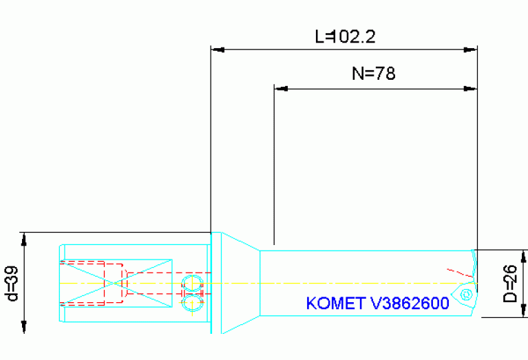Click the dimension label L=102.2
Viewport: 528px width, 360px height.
pyautogui.click(x=345, y=36)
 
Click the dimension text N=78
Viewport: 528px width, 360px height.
pyautogui.click(x=374, y=74)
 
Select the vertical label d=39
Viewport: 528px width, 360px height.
pyautogui.click(x=12, y=283)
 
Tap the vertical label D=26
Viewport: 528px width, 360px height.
pyautogui.click(x=509, y=284)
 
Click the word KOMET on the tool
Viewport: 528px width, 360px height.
pyautogui.click(x=333, y=304)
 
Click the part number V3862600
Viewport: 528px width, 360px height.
pyautogui.click(x=407, y=304)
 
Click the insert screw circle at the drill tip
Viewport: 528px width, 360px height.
pyautogui.click(x=465, y=295)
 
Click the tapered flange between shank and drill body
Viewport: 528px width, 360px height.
pyautogui.click(x=234, y=282)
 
